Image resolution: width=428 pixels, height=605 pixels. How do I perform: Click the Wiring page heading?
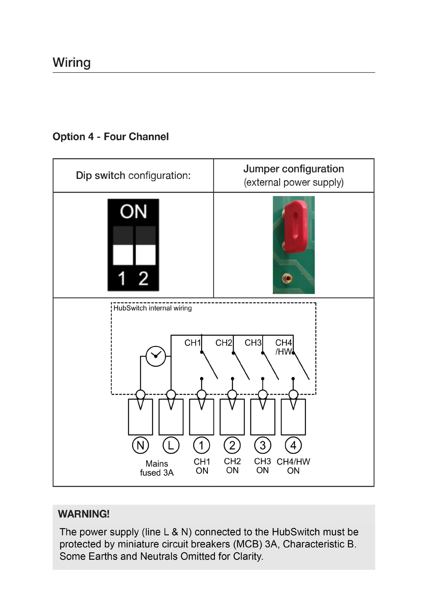[72, 63]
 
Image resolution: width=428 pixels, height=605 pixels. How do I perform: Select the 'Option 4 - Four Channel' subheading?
[110, 137]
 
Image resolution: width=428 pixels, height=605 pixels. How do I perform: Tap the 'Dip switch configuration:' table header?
[133, 176]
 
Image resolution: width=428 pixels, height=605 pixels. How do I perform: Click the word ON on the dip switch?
[133, 212]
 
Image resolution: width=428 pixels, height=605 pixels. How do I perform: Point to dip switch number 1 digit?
[122, 278]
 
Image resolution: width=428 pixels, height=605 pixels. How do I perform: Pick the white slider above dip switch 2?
[145, 255]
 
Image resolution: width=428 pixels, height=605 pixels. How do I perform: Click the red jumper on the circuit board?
[295, 226]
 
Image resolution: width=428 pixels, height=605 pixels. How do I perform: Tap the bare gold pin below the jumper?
[287, 278]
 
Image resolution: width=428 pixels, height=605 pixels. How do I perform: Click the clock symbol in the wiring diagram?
[156, 356]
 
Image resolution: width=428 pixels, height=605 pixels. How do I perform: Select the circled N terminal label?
[140, 445]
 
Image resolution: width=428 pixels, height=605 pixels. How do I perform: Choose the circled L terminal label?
[171, 445]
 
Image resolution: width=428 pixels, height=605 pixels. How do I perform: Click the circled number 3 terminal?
[263, 445]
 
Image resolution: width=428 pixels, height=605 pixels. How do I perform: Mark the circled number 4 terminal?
[293, 445]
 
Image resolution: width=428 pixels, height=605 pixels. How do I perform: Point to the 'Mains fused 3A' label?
[157, 468]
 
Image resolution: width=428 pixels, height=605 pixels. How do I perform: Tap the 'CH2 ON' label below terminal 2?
[232, 466]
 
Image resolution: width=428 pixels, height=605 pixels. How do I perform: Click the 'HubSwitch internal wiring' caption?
[152, 308]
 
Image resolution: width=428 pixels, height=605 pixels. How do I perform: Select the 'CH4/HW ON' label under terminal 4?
[293, 466]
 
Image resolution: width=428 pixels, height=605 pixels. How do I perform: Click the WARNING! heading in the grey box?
[83, 514]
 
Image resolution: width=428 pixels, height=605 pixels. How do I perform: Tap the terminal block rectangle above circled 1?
[202, 420]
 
